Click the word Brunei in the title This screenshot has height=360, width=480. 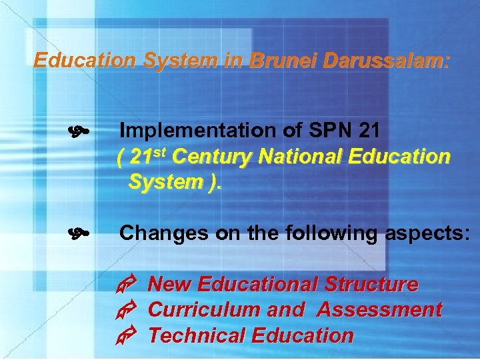click(x=283, y=61)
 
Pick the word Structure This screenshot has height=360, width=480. click(x=371, y=285)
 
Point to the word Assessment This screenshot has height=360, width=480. click(x=379, y=310)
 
